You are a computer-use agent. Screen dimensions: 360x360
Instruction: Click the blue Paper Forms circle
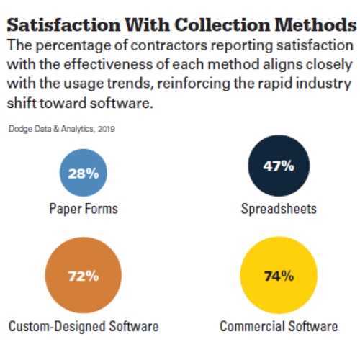pyautogui.click(x=84, y=173)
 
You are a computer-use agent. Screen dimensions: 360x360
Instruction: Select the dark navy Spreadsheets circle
pyautogui.click(x=279, y=166)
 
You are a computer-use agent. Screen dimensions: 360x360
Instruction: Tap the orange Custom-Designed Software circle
pyautogui.click(x=84, y=275)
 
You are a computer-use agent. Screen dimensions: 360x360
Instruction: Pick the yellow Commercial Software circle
pyautogui.click(x=279, y=275)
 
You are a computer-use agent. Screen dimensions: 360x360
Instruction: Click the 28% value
pyautogui.click(x=84, y=174)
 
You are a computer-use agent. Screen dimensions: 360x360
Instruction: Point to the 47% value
pyautogui.click(x=279, y=166)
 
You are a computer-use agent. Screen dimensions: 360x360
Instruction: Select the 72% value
pyautogui.click(x=84, y=276)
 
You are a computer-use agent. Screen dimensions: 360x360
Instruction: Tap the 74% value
pyautogui.click(x=279, y=276)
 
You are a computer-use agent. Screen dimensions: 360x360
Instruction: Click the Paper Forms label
pyautogui.click(x=84, y=209)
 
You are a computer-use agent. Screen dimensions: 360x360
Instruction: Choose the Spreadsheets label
pyautogui.click(x=279, y=209)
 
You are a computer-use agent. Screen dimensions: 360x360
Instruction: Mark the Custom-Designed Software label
pyautogui.click(x=84, y=326)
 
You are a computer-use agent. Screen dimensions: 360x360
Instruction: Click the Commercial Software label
pyautogui.click(x=279, y=326)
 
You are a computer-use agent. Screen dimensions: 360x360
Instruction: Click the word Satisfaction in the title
pyautogui.click(x=63, y=24)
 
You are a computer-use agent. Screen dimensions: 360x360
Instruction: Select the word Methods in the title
pyautogui.click(x=315, y=24)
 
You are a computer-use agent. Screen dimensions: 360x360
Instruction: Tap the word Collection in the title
pyautogui.click(x=222, y=24)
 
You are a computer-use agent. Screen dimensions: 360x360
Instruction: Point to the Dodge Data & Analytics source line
pyautogui.click(x=62, y=129)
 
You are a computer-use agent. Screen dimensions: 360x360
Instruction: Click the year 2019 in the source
pyautogui.click(x=107, y=129)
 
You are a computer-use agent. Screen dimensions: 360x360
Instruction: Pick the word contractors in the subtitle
pyautogui.click(x=169, y=45)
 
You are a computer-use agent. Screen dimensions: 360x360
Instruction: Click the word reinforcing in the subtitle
pyautogui.click(x=194, y=84)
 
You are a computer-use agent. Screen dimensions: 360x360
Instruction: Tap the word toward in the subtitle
pyautogui.click(x=63, y=103)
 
